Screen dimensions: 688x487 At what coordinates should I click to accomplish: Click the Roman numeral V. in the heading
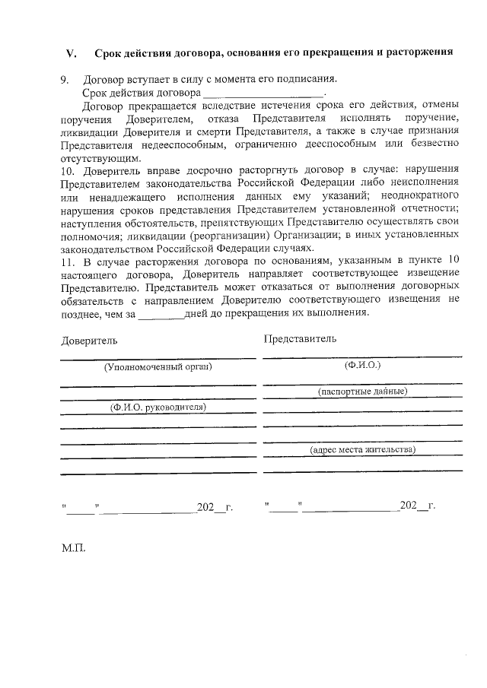pyautogui.click(x=72, y=53)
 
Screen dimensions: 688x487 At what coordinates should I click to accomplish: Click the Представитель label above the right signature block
pyautogui.click(x=299, y=338)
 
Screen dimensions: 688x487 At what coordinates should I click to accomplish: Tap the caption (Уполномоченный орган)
pyautogui.click(x=158, y=366)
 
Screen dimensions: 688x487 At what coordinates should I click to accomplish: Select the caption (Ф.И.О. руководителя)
pyautogui.click(x=158, y=407)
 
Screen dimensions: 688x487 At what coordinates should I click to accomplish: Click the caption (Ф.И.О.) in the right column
pyautogui.click(x=362, y=365)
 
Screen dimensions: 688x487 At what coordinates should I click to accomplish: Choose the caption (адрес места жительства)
pyautogui.click(x=362, y=449)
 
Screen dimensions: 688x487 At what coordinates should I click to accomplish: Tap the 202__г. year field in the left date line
pyautogui.click(x=214, y=506)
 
